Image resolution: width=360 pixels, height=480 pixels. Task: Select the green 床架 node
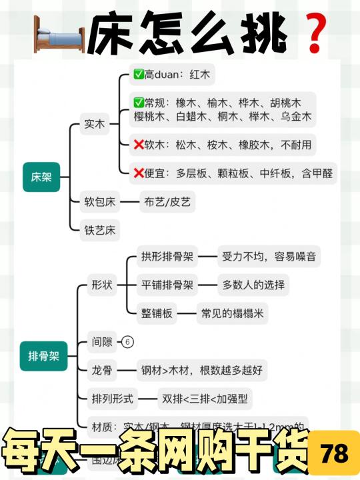[41, 177]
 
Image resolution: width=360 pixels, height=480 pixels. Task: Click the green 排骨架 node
[44, 356]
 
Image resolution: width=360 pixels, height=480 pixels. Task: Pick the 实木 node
[94, 124]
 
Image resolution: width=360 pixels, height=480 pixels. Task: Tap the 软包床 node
[99, 201]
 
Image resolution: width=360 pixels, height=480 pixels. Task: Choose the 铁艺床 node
[99, 231]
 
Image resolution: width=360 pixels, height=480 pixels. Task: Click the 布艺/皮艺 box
[167, 201]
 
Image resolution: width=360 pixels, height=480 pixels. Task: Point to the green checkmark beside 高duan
[139, 75]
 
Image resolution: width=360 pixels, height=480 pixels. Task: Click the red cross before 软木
[139, 145]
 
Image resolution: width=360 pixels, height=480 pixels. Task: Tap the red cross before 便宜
[139, 173]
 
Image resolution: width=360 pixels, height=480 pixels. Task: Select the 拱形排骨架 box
[167, 256]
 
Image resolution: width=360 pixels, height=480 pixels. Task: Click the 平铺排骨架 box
[167, 285]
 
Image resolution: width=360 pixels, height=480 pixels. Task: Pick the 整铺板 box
[157, 314]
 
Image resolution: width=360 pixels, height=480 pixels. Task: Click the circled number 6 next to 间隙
[128, 342]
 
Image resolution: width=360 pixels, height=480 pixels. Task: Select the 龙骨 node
[103, 371]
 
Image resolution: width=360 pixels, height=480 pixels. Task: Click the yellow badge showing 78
[334, 454]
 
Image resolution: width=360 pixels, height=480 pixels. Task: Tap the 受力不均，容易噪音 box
[269, 256]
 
